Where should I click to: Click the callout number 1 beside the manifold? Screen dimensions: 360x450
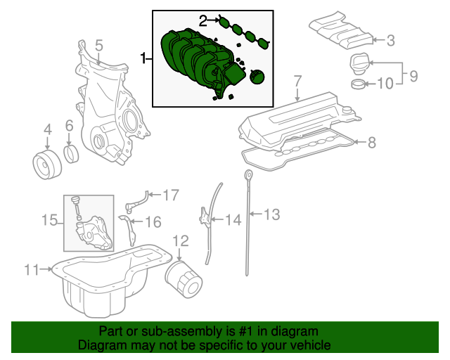(144, 58)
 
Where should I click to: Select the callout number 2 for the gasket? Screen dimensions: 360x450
(203, 21)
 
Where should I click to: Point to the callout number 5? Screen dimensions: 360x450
(99, 45)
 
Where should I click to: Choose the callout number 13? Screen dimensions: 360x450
(271, 214)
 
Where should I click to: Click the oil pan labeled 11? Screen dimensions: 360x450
(105, 281)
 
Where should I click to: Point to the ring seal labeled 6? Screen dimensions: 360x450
(72, 155)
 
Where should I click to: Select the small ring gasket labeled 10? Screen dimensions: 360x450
(358, 86)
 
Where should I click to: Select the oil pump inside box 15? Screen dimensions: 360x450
(93, 232)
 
